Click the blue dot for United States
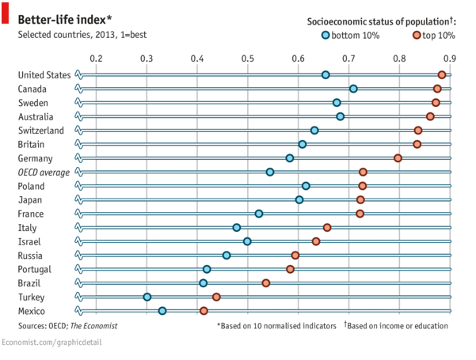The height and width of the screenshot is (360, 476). pyautogui.click(x=326, y=74)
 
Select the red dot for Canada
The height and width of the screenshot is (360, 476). pyautogui.click(x=437, y=89)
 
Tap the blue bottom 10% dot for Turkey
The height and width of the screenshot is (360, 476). pyautogui.click(x=147, y=297)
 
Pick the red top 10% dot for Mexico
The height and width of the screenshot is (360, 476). pyautogui.click(x=204, y=311)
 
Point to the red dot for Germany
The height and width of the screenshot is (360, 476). pyautogui.click(x=398, y=158)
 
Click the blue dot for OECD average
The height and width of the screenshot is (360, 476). pyautogui.click(x=270, y=172)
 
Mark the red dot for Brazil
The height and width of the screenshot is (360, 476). pyautogui.click(x=266, y=283)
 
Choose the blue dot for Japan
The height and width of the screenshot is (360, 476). pyautogui.click(x=299, y=199)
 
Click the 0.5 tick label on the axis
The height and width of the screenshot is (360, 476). pyautogui.click(x=248, y=58)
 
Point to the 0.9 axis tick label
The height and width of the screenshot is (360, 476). pyautogui.click(x=450, y=58)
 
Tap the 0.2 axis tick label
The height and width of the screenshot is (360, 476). pyautogui.click(x=97, y=58)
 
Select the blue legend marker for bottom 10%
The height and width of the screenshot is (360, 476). pyautogui.click(x=326, y=35)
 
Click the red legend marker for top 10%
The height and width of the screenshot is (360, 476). pyautogui.click(x=417, y=35)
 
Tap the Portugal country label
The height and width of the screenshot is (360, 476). pyautogui.click(x=36, y=269)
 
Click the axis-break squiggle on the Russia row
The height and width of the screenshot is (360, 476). pyautogui.click(x=78, y=256)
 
